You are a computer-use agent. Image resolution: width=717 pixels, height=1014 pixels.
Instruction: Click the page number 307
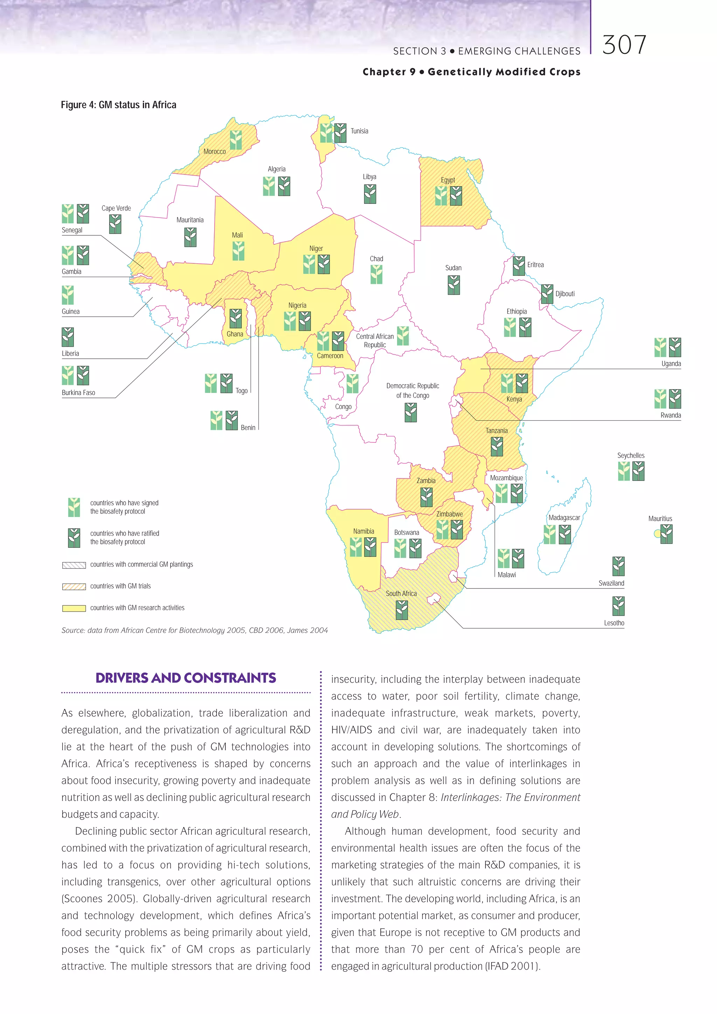pyautogui.click(x=624, y=45)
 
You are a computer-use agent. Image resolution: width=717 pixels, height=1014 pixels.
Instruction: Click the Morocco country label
pyautogui.click(x=215, y=151)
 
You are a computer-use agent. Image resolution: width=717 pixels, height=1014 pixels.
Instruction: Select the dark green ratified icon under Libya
pyautogui.click(x=370, y=194)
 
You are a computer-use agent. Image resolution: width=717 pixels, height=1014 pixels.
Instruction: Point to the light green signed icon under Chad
pyautogui.click(x=376, y=274)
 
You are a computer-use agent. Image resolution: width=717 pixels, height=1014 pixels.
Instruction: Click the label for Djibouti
pyautogui.click(x=565, y=294)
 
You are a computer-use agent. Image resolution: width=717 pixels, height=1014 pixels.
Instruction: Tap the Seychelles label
pyautogui.click(x=631, y=455)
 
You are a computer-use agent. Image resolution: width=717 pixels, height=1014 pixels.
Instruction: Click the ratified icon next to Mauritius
pyautogui.click(x=666, y=534)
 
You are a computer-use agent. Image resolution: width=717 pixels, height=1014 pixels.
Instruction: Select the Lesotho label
pyautogui.click(x=614, y=623)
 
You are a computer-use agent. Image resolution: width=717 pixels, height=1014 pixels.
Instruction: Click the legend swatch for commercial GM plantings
pyautogui.click(x=74, y=565)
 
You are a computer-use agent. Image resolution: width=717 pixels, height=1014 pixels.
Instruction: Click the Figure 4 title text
pyautogui.click(x=118, y=105)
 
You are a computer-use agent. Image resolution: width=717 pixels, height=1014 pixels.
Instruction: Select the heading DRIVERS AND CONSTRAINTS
pyautogui.click(x=186, y=678)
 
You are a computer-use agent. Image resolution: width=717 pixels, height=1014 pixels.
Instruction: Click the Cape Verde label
pyautogui.click(x=116, y=208)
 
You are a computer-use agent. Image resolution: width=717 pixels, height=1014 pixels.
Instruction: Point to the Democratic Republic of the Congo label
pyautogui.click(x=412, y=391)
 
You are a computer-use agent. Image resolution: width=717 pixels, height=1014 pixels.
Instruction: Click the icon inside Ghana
pyautogui.click(x=235, y=318)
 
